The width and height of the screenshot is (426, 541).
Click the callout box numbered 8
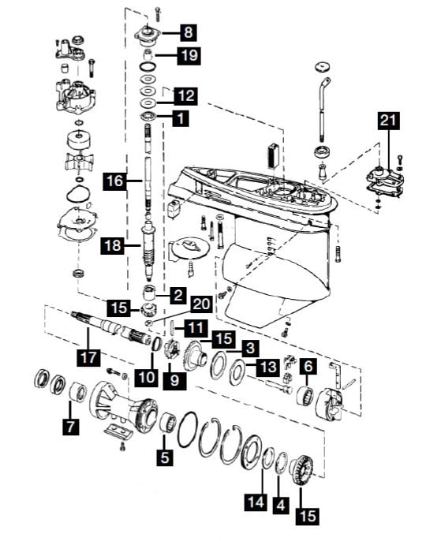coord(188,32)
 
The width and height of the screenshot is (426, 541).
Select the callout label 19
coord(189,55)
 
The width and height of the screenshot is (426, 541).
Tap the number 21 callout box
coord(388,121)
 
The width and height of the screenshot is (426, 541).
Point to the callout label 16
coord(115,181)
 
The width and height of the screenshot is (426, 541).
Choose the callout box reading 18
coord(113,246)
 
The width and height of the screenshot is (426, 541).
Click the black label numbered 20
coord(202,304)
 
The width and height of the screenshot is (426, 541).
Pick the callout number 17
coord(89,357)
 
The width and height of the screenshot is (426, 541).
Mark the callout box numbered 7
coord(71,427)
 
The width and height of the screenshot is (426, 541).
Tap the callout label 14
coord(256,502)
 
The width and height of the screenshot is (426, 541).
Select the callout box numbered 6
coord(308,367)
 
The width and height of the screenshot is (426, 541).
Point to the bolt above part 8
coord(158,13)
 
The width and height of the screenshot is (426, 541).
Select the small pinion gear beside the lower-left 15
coord(149,310)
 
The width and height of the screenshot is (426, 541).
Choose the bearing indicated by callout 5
coord(168,422)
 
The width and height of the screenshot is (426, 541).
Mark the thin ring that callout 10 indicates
coord(157,344)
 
